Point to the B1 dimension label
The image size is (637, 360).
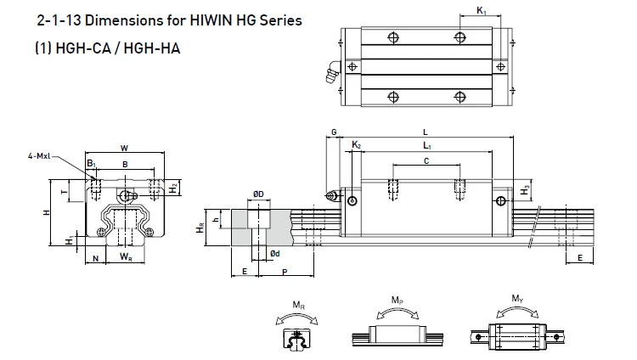pos(91,164)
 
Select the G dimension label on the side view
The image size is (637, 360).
pos(334,132)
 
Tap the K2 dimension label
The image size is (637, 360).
pos(357,146)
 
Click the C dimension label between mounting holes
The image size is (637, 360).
pos(425,160)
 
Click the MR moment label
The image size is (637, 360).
pos(296,304)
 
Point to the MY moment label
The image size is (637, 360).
pos(517,298)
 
